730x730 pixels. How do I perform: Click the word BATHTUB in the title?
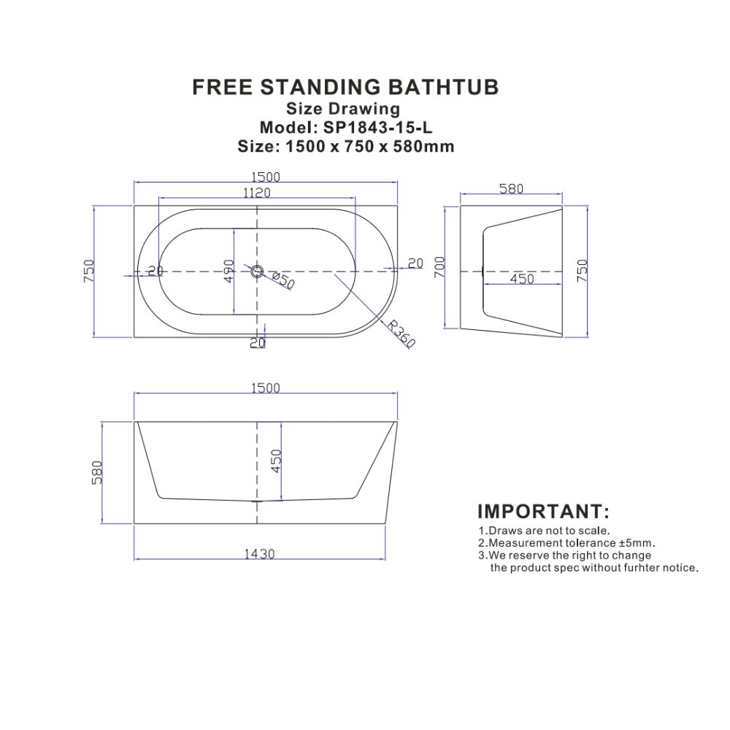click(x=443, y=87)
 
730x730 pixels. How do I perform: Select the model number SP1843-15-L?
click(x=378, y=127)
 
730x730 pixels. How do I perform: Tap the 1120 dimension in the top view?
click(x=256, y=192)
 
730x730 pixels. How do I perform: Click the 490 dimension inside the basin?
click(x=228, y=271)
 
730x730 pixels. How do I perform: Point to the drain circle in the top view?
click(x=257, y=271)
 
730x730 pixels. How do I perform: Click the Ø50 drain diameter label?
click(x=282, y=281)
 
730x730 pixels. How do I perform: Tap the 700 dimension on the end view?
click(x=439, y=268)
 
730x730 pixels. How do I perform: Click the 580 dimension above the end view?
click(x=511, y=188)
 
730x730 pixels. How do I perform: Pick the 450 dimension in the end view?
click(x=522, y=278)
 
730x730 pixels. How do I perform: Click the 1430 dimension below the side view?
click(x=259, y=553)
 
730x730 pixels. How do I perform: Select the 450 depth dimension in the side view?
click(x=277, y=461)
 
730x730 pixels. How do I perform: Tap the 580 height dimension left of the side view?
click(x=97, y=472)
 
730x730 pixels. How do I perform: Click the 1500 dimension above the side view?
click(x=266, y=388)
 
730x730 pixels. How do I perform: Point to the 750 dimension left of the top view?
click(x=88, y=271)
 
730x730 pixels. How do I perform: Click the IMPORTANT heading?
click(x=543, y=511)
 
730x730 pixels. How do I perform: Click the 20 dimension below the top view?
click(x=258, y=342)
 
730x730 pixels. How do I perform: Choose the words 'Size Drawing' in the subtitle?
click(x=343, y=109)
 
